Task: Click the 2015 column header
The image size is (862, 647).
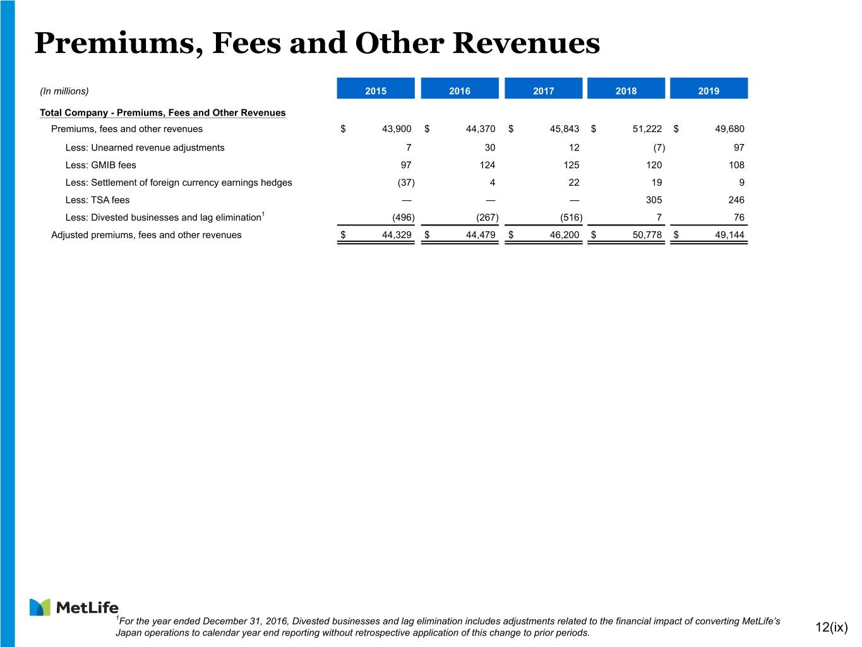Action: pos(376,88)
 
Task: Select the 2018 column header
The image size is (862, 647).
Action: pos(626,88)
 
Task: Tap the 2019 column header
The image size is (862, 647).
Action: pos(709,88)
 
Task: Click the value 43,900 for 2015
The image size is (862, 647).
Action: pos(397,129)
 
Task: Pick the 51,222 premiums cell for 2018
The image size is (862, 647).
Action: pos(647,129)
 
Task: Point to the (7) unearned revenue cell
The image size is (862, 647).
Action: pos(659,148)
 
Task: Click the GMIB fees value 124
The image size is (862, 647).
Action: pos(488,165)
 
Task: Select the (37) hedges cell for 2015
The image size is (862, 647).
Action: pos(406,182)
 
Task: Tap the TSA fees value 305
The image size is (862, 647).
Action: pos(654,200)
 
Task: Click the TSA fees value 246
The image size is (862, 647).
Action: pos(736,200)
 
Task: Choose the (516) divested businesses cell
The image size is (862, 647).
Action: pos(572,217)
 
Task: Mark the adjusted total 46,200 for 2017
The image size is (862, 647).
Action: pos(565,235)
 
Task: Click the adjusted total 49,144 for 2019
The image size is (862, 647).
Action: pos(729,235)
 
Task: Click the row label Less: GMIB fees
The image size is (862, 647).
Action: pos(101,165)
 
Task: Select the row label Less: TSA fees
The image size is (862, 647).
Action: pos(97,200)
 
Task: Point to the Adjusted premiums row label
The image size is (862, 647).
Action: pos(146,235)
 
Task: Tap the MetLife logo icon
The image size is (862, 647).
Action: pos(40,607)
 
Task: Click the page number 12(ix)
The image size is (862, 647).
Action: pos(831,627)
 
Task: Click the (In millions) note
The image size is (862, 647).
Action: pos(64,91)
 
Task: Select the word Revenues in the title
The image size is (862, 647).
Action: pos(526,43)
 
